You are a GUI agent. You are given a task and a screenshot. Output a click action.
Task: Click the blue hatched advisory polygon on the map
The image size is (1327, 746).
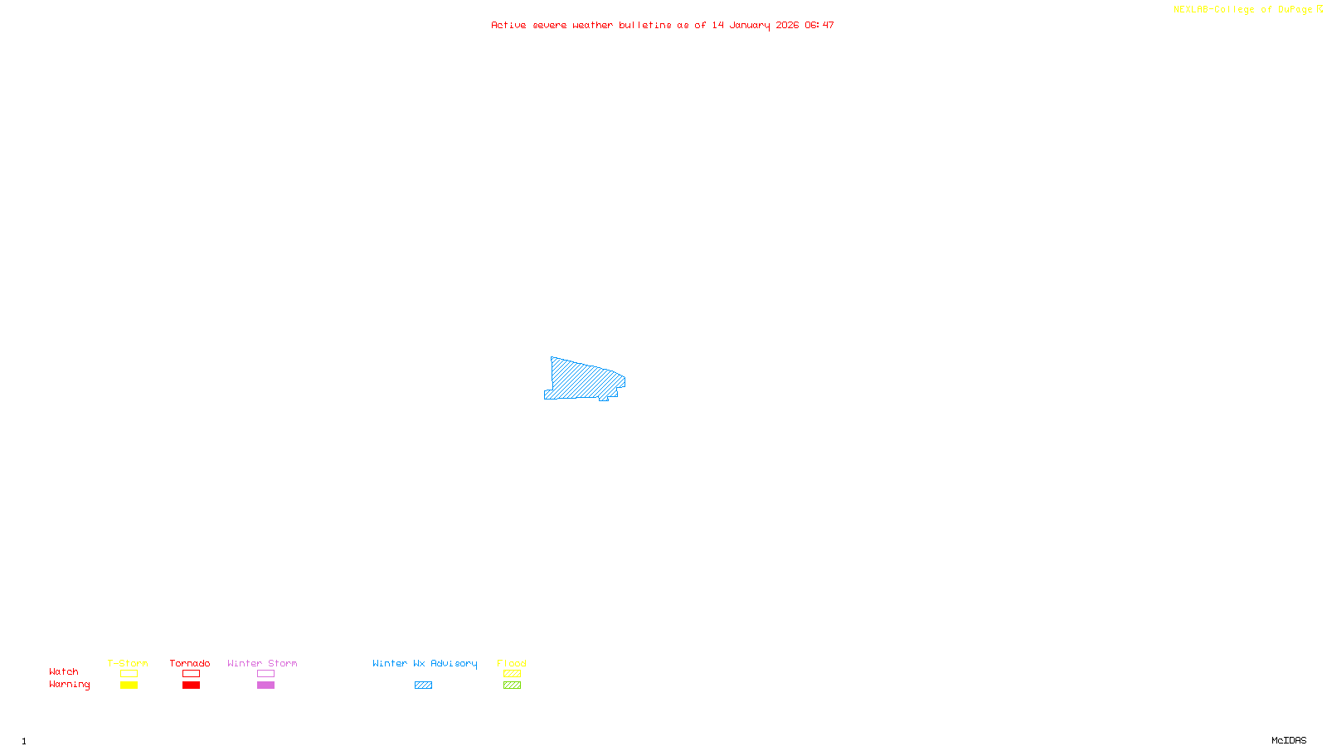[x=584, y=380]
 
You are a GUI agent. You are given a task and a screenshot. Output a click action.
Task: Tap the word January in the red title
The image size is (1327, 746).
[x=750, y=26]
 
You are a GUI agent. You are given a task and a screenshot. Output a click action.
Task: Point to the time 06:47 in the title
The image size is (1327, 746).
[x=819, y=26]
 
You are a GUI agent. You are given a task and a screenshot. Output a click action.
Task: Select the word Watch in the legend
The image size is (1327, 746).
[x=64, y=672]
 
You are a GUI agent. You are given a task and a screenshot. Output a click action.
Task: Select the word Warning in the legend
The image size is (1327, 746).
[x=70, y=685]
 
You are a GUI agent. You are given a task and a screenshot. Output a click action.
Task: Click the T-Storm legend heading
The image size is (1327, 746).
[x=128, y=664]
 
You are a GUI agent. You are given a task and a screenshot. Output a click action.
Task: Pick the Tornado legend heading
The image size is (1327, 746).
[x=190, y=664]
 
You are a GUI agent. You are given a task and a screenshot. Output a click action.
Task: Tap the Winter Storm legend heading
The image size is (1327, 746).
[x=262, y=664]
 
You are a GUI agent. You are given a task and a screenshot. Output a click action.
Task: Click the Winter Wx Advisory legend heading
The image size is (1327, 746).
[x=425, y=664]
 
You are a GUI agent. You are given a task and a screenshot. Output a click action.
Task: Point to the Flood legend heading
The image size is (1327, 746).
[x=512, y=664]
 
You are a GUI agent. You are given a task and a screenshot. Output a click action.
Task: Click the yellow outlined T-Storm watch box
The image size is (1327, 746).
[x=129, y=674]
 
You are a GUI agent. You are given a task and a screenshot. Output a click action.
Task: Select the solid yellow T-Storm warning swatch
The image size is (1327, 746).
[x=129, y=685]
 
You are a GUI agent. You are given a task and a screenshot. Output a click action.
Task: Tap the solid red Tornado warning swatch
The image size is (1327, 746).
[x=192, y=685]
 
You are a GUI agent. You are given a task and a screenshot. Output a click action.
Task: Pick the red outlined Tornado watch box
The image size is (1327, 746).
[x=192, y=674]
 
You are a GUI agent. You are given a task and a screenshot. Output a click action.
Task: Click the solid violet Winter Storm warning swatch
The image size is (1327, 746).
[x=265, y=685]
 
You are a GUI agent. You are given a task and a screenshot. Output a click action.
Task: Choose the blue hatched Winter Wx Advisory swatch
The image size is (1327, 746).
[x=423, y=685]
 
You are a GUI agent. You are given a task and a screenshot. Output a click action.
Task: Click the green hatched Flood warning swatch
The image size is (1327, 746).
[x=512, y=685]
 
